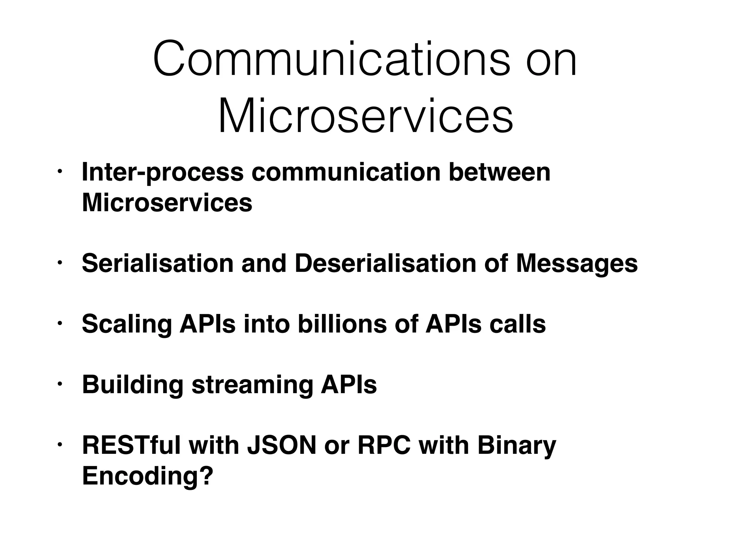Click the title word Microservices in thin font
(365, 116)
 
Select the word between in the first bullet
(500, 172)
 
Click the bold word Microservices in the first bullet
(167, 203)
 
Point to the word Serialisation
(157, 263)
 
